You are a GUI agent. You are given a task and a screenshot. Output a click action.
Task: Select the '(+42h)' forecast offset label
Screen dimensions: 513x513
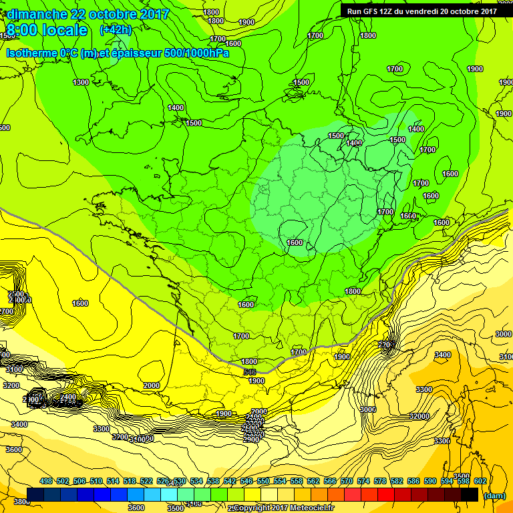click(116, 30)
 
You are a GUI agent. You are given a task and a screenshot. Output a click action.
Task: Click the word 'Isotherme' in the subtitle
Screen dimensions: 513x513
click(33, 53)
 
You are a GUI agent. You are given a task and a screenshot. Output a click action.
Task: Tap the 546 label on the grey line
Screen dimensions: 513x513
click(250, 372)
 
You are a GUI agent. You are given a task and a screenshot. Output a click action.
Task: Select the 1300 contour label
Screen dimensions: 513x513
click(81, 82)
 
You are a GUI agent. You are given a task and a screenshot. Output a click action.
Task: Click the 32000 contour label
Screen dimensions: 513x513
click(419, 415)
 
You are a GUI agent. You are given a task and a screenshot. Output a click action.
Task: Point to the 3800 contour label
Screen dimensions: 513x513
click(21, 502)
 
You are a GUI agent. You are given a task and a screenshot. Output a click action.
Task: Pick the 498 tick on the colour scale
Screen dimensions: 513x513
click(46, 481)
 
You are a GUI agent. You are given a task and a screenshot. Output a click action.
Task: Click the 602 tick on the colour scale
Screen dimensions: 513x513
click(480, 481)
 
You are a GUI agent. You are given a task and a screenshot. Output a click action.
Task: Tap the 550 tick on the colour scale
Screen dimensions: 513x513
click(263, 481)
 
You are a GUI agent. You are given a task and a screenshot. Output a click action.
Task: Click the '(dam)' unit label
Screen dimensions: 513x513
click(494, 496)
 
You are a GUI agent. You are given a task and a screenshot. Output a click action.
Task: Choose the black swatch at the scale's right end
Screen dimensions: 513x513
click(470, 495)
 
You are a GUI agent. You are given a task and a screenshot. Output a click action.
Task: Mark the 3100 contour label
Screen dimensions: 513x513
click(13, 369)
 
